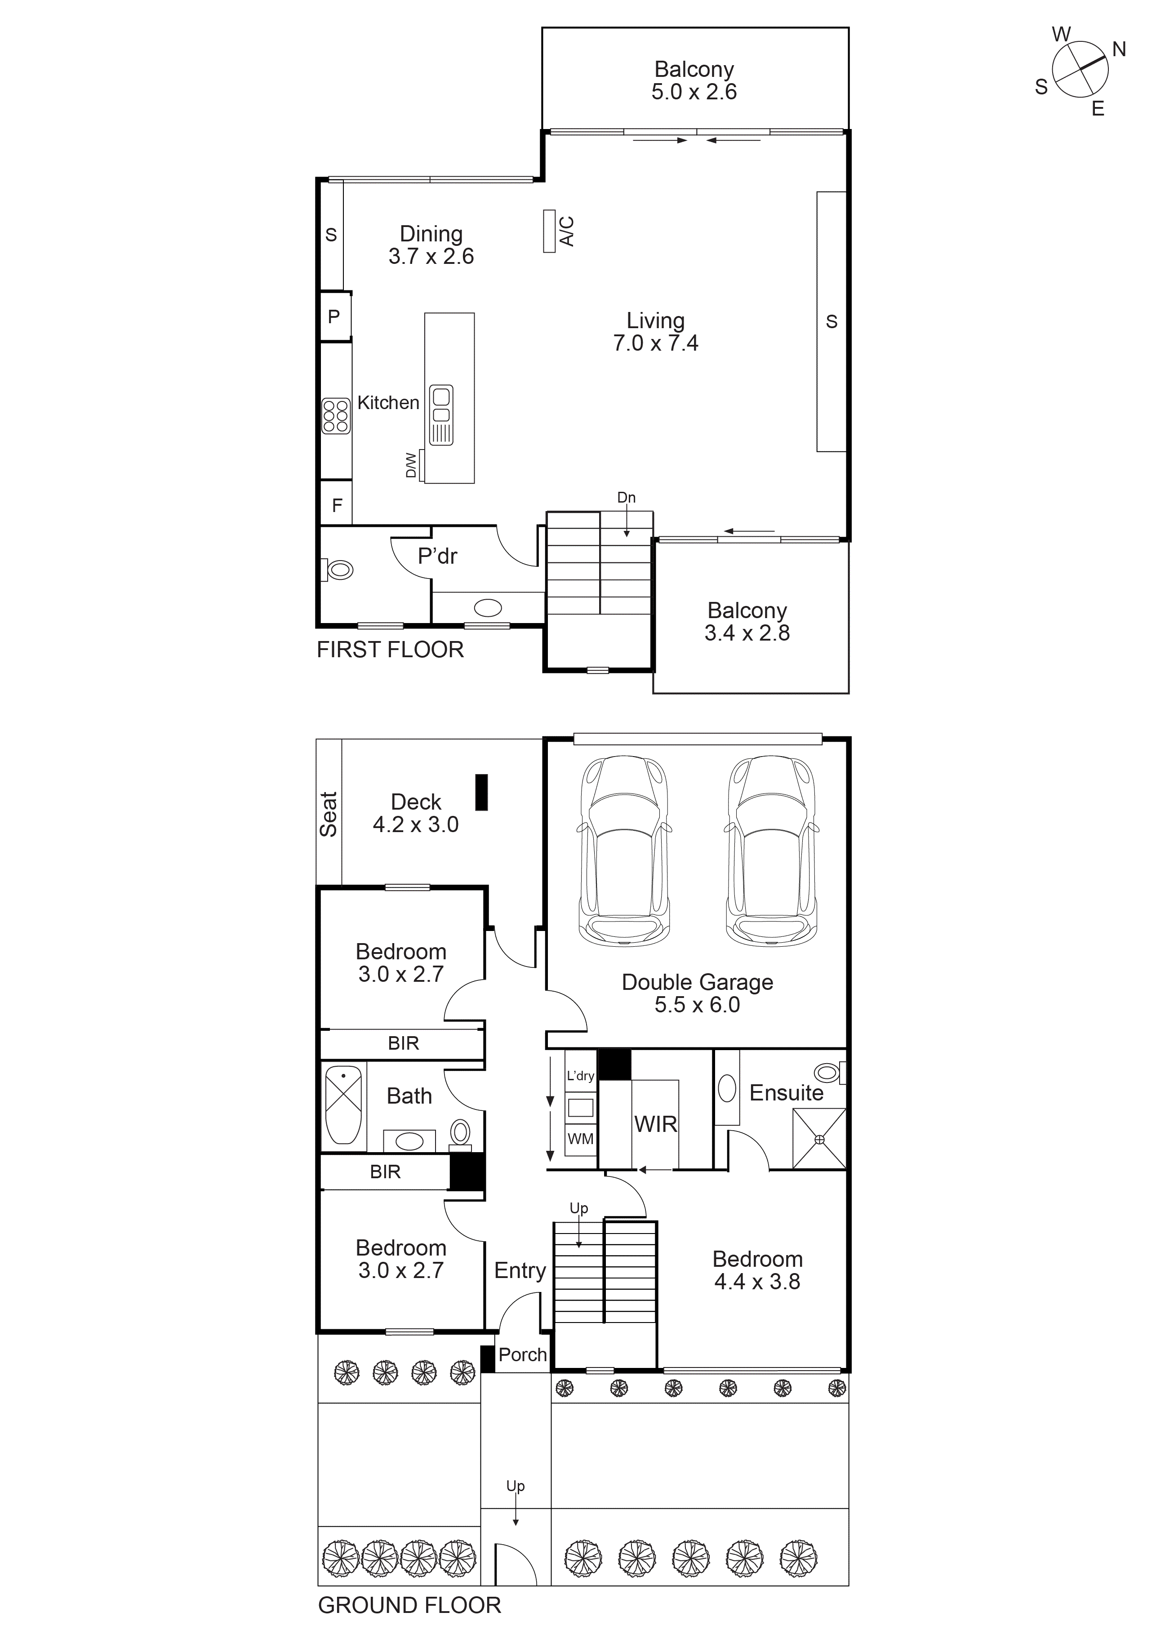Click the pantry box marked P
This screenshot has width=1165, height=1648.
pos(334,316)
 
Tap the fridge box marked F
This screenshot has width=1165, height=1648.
pos(337,505)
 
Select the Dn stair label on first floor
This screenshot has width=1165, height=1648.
pos(626,498)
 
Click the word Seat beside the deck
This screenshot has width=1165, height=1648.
pos(328,814)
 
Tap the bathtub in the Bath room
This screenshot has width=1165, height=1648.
pos(343,1105)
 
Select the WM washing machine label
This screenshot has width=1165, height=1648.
pos(580,1139)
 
